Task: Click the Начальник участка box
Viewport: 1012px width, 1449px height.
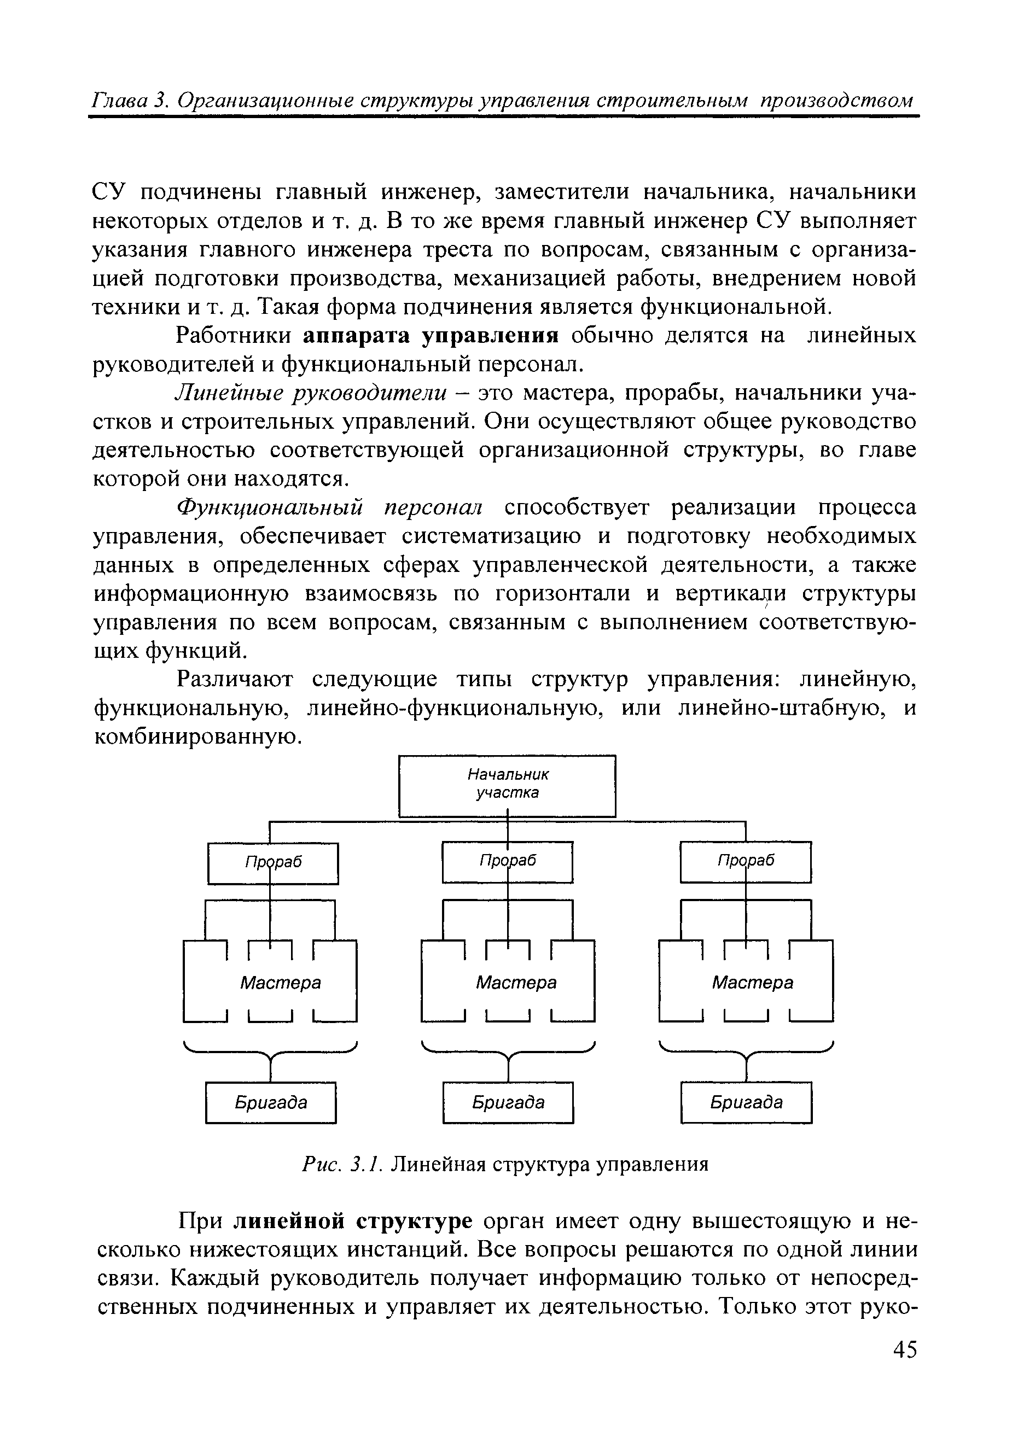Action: tap(507, 785)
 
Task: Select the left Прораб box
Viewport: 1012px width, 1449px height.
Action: tap(273, 863)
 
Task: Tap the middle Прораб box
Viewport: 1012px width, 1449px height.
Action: tap(508, 861)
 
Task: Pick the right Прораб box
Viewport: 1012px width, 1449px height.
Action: tap(746, 861)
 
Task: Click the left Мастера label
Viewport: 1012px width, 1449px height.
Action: tap(280, 983)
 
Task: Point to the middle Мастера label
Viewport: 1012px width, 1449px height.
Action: tap(516, 983)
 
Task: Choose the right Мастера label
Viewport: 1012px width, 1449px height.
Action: tap(753, 983)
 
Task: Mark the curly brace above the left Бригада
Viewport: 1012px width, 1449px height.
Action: tap(270, 1053)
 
